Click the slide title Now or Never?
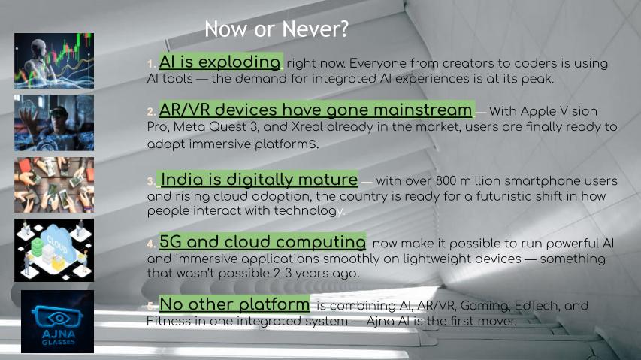[x=277, y=29]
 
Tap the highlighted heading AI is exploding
[x=220, y=62]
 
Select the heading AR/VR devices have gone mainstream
[x=316, y=110]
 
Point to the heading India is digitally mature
[x=259, y=180]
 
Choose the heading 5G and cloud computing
[x=262, y=241]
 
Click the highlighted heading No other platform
[x=234, y=304]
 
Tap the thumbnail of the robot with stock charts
[x=54, y=61]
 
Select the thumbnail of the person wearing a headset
[x=54, y=123]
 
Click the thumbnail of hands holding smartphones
[x=54, y=185]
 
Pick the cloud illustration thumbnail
[x=54, y=250]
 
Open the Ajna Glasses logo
[x=57, y=322]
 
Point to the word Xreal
[x=307, y=127]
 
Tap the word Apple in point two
[x=538, y=111]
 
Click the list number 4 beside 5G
[x=151, y=244]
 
